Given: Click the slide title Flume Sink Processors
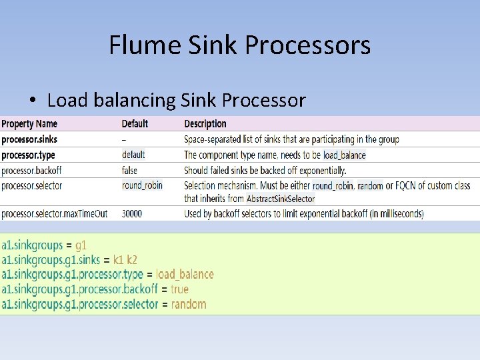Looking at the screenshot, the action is [239, 45].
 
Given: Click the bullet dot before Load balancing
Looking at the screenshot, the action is [32, 101].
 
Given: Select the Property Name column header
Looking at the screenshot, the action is [29, 124].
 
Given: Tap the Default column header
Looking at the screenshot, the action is [135, 124].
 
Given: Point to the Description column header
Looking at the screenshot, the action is [205, 124].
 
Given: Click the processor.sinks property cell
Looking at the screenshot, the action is [29, 139].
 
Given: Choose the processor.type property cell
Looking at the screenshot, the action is [28, 155].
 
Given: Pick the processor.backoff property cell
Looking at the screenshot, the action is [32, 171].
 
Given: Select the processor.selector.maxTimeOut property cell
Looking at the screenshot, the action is [55, 214].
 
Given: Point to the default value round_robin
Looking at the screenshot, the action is [142, 185].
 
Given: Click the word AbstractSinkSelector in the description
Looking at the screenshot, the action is [281, 199].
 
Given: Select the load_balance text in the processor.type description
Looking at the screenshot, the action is [345, 155].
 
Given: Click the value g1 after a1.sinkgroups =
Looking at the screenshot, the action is [81, 245].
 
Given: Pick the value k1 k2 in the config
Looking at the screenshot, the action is [125, 259].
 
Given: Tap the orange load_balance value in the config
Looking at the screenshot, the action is [185, 274].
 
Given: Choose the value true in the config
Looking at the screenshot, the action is [179, 289].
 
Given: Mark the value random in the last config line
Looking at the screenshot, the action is [189, 304].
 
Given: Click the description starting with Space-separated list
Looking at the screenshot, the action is [291, 139].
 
